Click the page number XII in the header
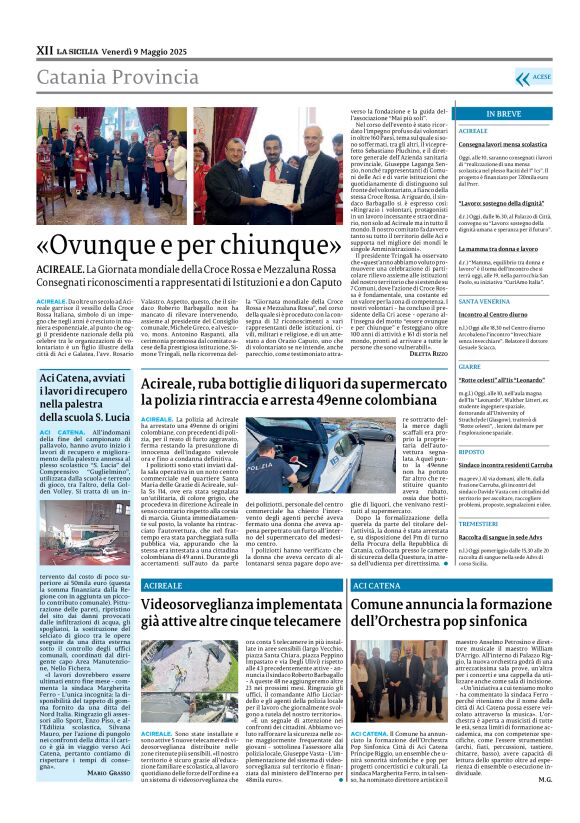[x=45, y=48]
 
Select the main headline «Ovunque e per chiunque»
[x=196, y=246]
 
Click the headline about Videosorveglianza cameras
[x=250, y=613]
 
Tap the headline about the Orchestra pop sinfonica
[x=461, y=613]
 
